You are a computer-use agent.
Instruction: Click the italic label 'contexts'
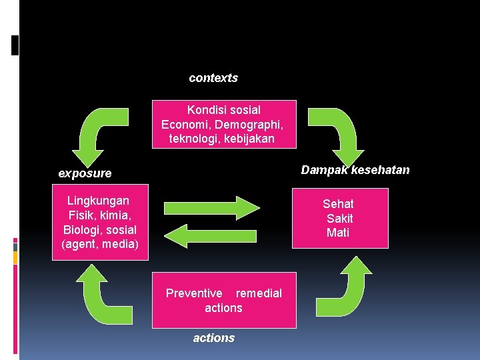point(213,78)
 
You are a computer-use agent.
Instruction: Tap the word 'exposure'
point(85,173)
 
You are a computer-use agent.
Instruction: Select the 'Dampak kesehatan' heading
point(355,170)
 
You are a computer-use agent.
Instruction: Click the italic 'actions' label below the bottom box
point(214,338)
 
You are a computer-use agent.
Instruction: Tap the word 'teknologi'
point(193,139)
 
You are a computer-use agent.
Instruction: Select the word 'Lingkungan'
point(99,201)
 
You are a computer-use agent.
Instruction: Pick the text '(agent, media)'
point(100,245)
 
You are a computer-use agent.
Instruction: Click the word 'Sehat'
point(338,204)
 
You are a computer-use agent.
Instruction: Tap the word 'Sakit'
point(339,219)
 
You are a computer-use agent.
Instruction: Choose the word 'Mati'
point(338,233)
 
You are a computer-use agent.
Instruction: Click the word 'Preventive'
point(194,293)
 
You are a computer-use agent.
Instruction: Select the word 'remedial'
point(259,293)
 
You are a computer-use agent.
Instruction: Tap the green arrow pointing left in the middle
point(211,235)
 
